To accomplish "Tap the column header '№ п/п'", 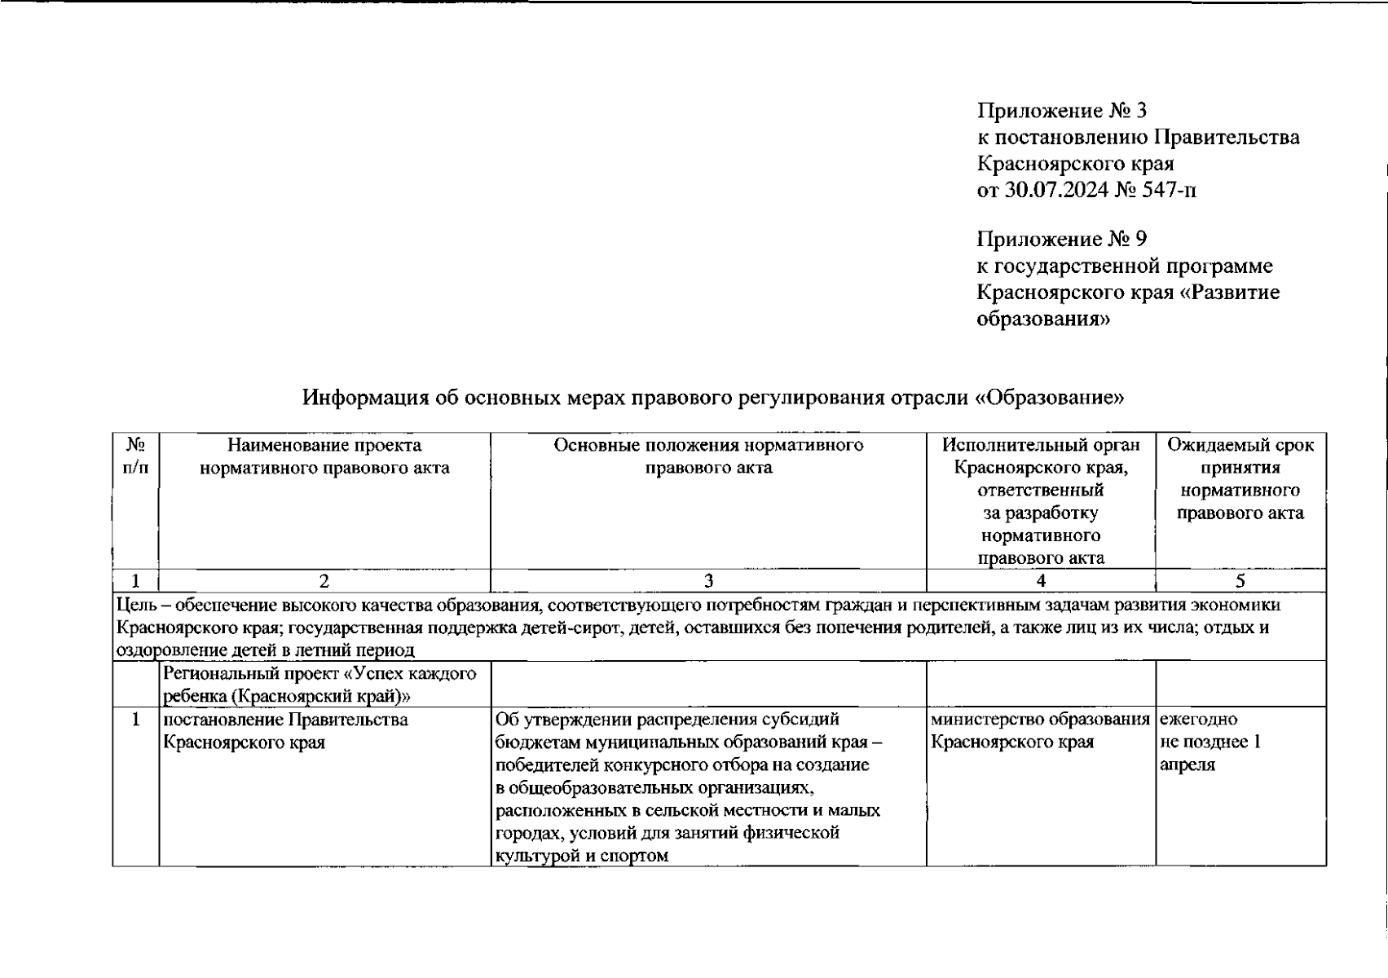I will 135,456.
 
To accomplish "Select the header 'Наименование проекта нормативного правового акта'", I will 324,456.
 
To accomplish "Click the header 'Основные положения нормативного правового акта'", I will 708,456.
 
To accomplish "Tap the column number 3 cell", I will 708,580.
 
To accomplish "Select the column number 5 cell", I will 1240,580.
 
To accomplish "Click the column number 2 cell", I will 324,580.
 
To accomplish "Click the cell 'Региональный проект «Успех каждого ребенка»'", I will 319,685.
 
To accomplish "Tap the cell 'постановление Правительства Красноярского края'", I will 285,731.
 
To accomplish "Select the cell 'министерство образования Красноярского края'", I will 1040,731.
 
